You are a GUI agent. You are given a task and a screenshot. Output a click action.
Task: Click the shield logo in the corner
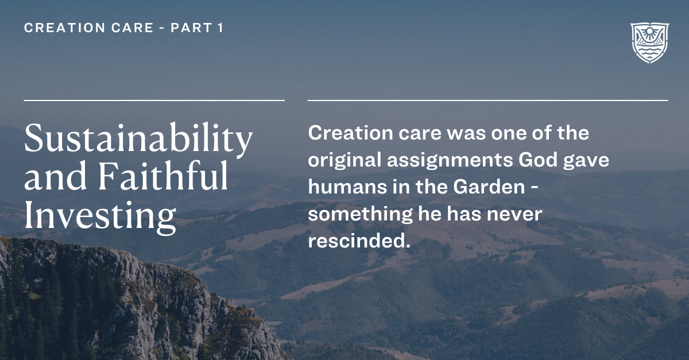coord(649,43)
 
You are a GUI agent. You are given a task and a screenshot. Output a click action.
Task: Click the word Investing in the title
coord(100,216)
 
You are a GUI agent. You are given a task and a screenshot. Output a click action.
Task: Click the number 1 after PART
coord(220,28)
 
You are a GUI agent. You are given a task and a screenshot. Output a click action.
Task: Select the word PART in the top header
coord(192,28)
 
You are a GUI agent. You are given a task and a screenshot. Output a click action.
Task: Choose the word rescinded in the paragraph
coord(359,241)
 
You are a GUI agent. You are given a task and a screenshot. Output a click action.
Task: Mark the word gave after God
coord(588,160)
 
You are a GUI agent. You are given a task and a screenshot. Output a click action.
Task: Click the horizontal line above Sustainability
coord(154,100)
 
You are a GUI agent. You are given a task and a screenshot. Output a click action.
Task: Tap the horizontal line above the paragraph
coord(487,100)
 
